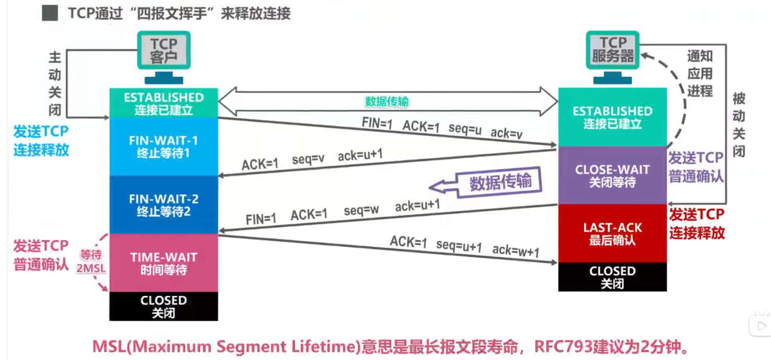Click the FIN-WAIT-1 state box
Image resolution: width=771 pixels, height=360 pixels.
(163, 147)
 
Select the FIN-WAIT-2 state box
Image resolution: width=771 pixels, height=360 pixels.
(163, 205)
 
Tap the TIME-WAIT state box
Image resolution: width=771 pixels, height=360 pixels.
(163, 263)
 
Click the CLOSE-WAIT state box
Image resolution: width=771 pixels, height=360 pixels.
(612, 175)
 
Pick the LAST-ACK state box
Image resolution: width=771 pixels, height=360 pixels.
(612, 233)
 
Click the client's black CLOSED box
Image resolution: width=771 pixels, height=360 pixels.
(163, 306)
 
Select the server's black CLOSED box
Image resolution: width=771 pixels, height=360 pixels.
(612, 277)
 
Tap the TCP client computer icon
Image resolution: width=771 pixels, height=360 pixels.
(164, 57)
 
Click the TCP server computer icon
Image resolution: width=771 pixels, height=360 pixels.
(613, 57)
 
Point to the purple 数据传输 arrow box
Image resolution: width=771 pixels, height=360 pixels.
(486, 183)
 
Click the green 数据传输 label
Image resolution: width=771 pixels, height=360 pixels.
(387, 102)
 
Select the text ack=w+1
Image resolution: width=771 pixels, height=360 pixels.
(516, 251)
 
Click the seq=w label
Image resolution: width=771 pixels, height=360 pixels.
(361, 210)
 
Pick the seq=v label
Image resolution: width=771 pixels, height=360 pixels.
(308, 159)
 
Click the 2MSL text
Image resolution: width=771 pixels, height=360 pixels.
(91, 268)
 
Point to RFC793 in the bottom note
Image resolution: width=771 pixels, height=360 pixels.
(563, 347)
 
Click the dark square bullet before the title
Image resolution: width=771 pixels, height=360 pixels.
(50, 13)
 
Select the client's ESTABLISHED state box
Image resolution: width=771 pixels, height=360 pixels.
(163, 103)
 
